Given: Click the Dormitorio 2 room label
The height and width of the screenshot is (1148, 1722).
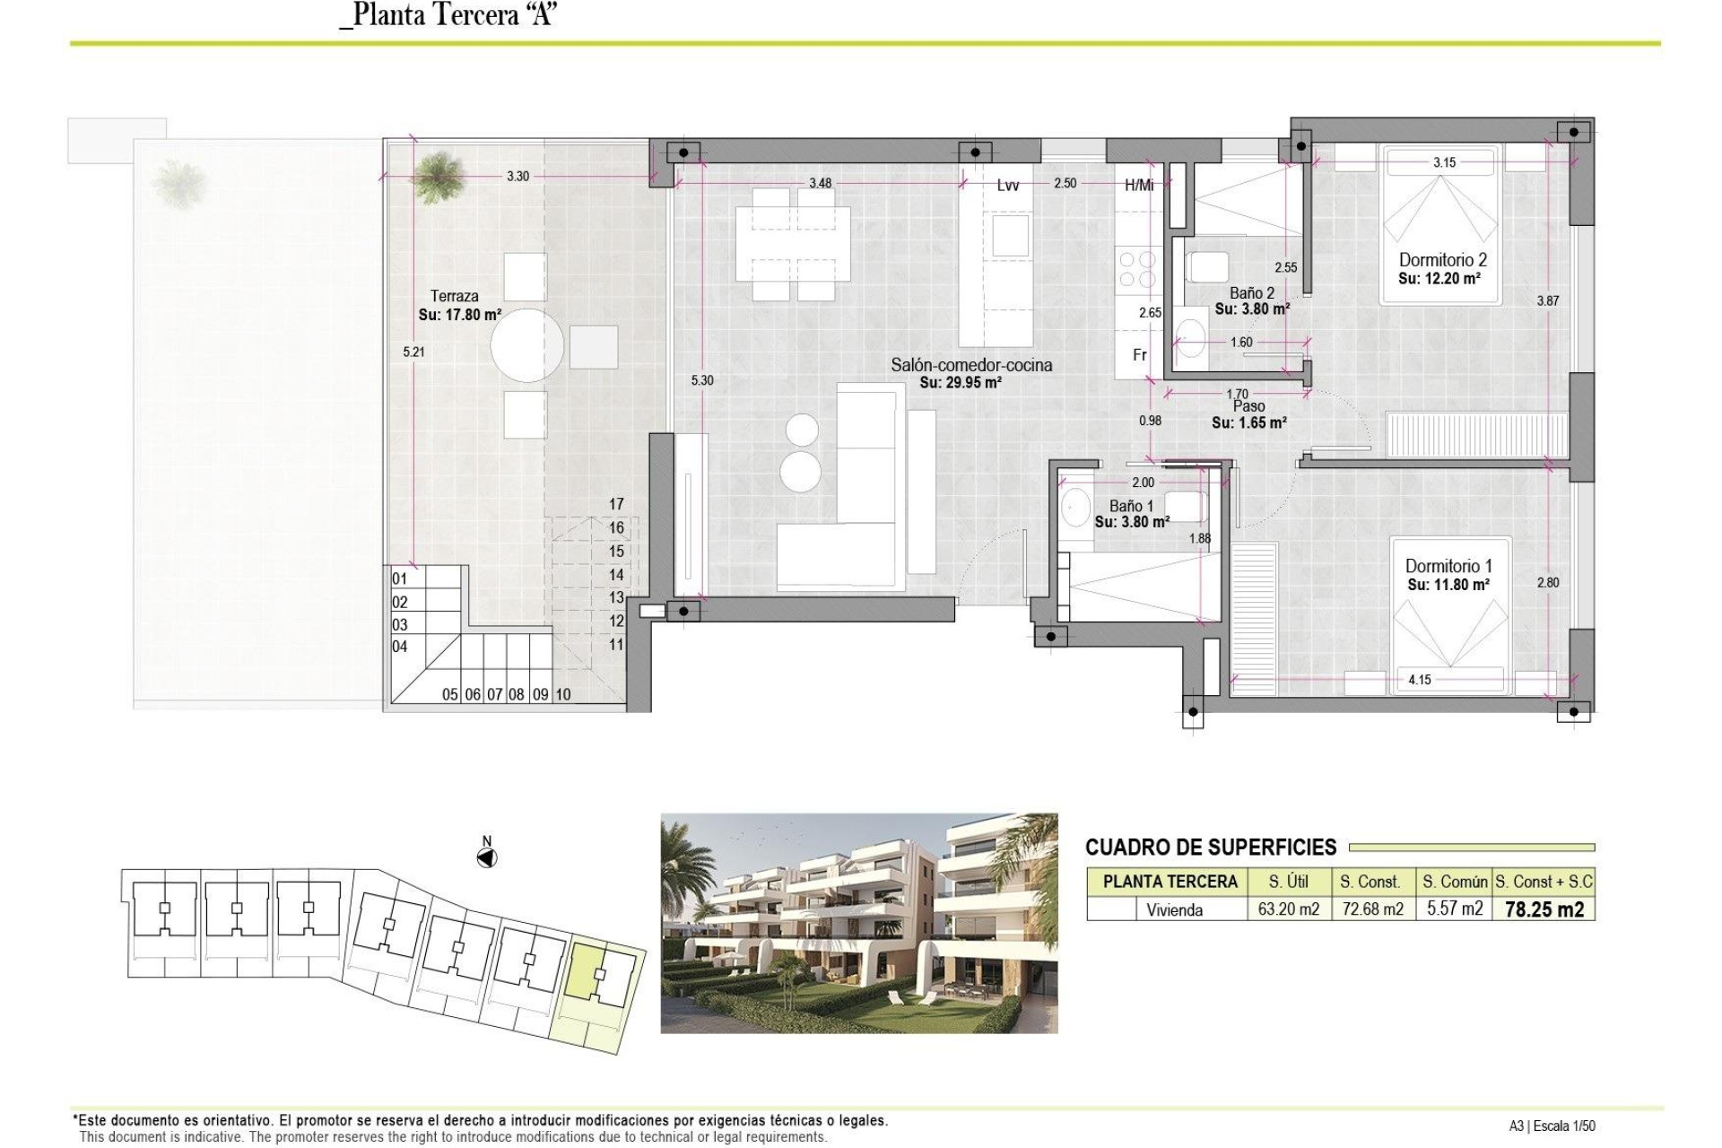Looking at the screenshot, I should tap(1442, 260).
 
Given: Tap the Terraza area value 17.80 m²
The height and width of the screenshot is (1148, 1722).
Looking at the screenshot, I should tap(459, 315).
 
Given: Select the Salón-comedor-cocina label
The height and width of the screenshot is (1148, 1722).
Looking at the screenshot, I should tap(971, 365).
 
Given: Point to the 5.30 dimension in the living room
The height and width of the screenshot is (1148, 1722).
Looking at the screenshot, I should tap(702, 380).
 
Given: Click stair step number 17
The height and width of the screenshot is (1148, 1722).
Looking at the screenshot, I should tap(616, 504).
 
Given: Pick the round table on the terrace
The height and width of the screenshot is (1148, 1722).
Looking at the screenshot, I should tap(527, 345).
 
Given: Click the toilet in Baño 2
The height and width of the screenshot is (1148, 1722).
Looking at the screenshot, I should tap(1206, 267).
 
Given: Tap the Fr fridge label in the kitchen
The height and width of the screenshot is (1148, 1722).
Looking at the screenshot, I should tap(1139, 355).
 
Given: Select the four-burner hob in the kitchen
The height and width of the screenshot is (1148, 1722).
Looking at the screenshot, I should tap(1137, 269).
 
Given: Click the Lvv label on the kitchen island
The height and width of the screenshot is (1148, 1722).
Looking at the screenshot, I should tap(1007, 186).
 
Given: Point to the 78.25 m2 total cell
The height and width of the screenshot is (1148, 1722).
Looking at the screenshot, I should tap(1544, 909).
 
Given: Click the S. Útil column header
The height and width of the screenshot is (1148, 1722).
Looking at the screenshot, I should tap(1288, 882).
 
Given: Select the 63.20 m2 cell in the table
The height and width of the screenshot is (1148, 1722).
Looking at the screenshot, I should tap(1288, 909).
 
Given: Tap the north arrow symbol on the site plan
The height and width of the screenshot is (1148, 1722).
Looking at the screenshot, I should tap(486, 858).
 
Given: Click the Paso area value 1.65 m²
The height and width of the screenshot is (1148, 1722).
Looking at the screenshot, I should tap(1248, 422).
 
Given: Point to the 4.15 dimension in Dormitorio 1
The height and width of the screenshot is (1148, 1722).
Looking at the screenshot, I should tap(1419, 680).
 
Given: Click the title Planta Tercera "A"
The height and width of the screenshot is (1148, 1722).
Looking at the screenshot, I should tap(448, 15).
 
